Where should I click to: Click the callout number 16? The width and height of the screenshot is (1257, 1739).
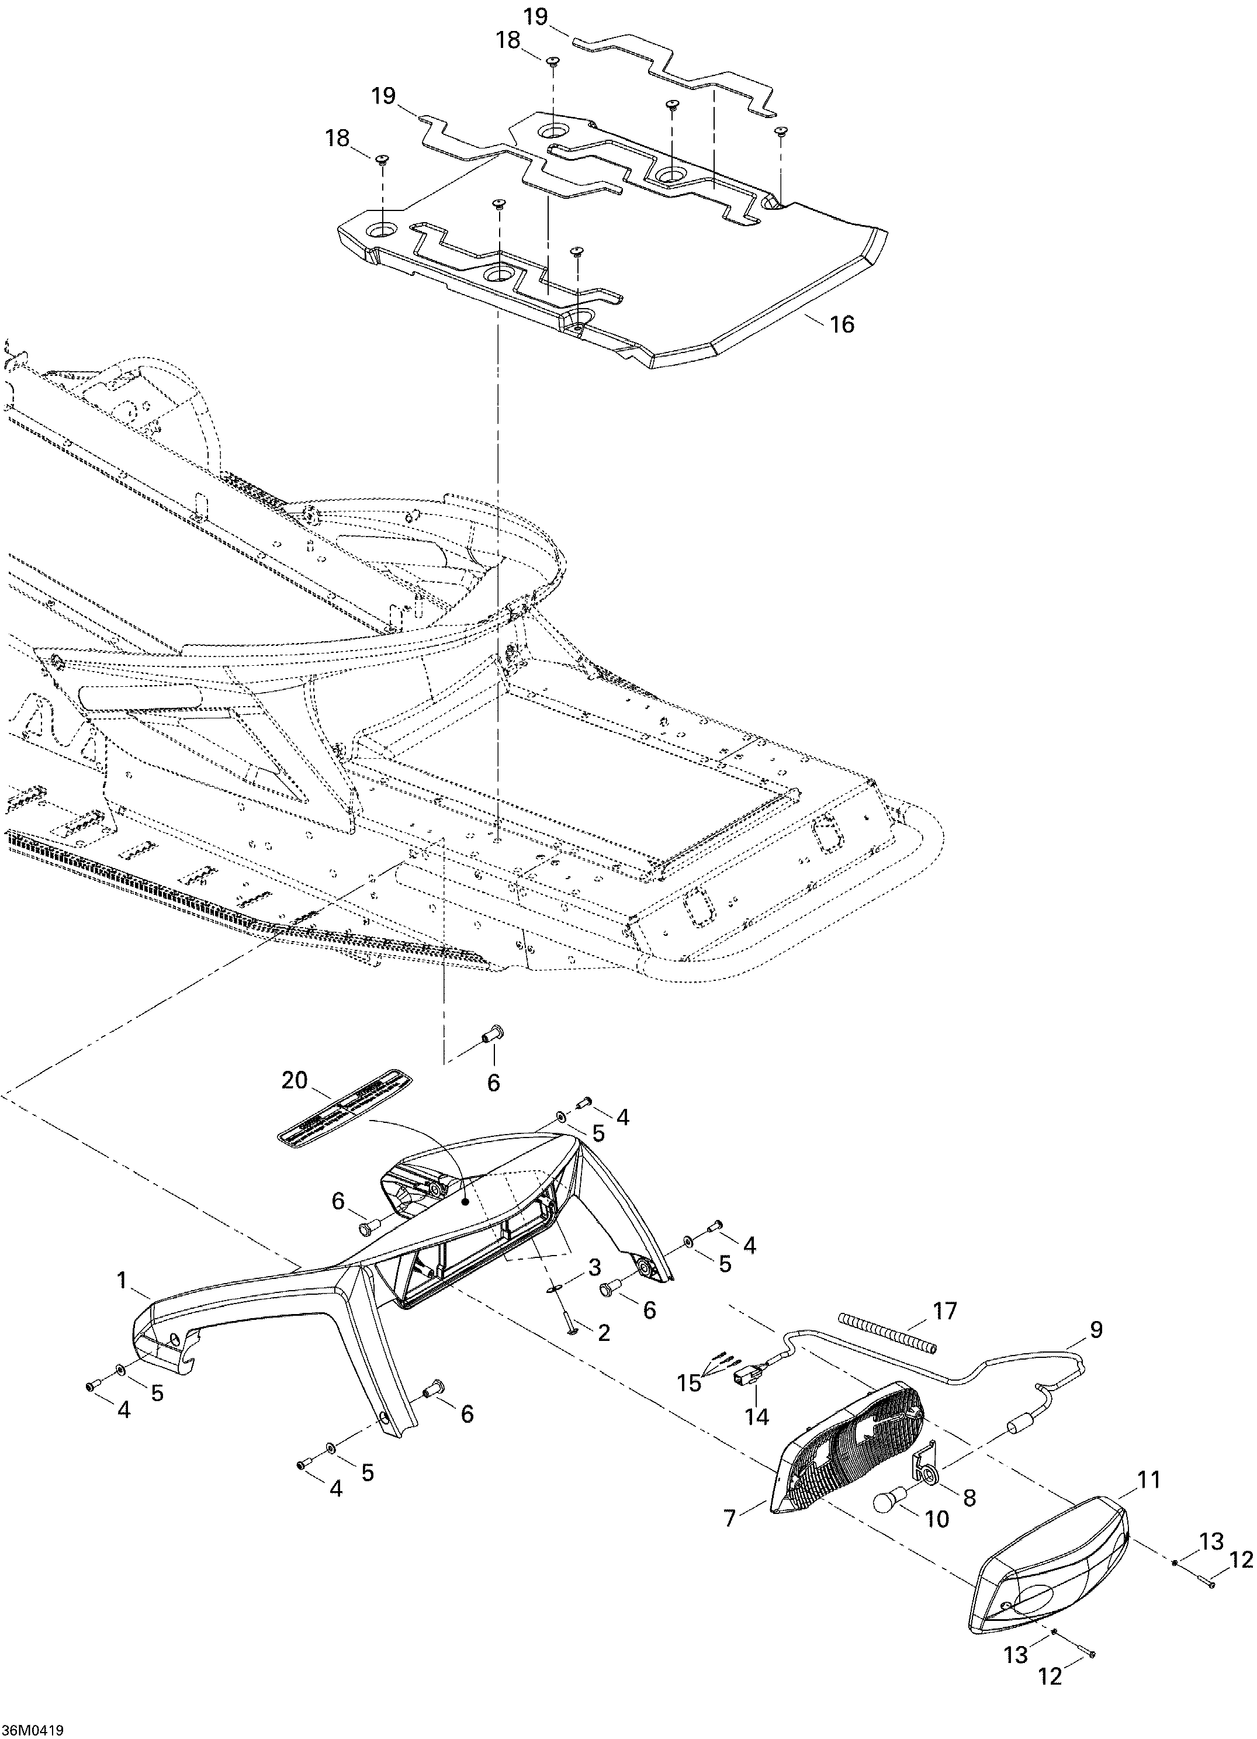click(x=842, y=324)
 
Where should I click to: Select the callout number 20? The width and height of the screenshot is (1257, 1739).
click(x=295, y=1081)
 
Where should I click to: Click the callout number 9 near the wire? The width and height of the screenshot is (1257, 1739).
click(x=1096, y=1330)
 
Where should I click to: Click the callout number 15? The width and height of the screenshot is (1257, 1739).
click(x=688, y=1383)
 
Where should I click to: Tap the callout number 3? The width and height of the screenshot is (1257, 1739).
click(x=594, y=1267)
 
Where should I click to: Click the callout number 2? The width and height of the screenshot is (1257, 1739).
click(x=603, y=1333)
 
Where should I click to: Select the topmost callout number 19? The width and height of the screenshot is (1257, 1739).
click(x=536, y=17)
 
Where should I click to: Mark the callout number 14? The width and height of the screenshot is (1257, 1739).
click(x=757, y=1416)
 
